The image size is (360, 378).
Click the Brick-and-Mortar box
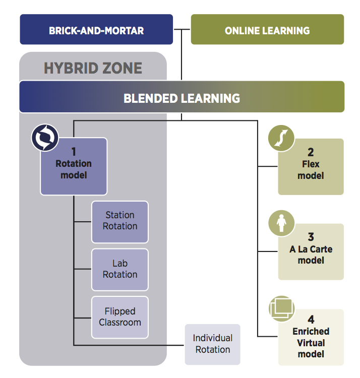96,30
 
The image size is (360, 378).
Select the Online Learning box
267,30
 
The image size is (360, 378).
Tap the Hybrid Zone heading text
93,68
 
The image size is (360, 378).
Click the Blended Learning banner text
182,98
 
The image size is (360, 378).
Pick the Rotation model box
74,169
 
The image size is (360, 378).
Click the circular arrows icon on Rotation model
45,138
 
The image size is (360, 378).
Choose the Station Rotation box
120,221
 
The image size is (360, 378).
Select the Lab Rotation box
120,269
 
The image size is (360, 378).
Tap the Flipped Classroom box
120,317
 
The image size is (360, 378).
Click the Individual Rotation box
213,344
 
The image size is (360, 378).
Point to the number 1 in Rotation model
74,152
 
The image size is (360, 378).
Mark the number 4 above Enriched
311,320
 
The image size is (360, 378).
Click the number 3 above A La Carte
311,237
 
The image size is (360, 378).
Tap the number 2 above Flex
311,152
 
